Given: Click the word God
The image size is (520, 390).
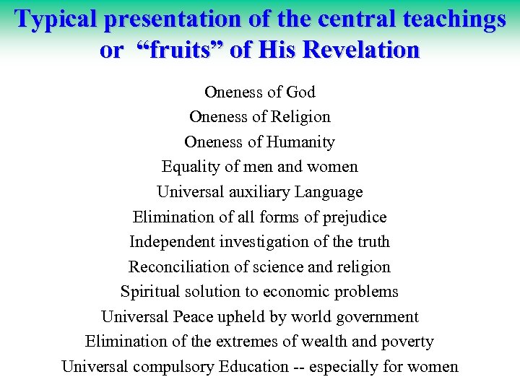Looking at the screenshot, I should tap(301, 92).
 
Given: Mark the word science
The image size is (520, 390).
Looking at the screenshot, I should tap(279, 266).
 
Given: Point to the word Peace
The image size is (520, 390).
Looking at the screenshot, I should tap(191, 317).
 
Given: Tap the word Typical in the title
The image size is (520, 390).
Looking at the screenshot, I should tap(57, 20).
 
